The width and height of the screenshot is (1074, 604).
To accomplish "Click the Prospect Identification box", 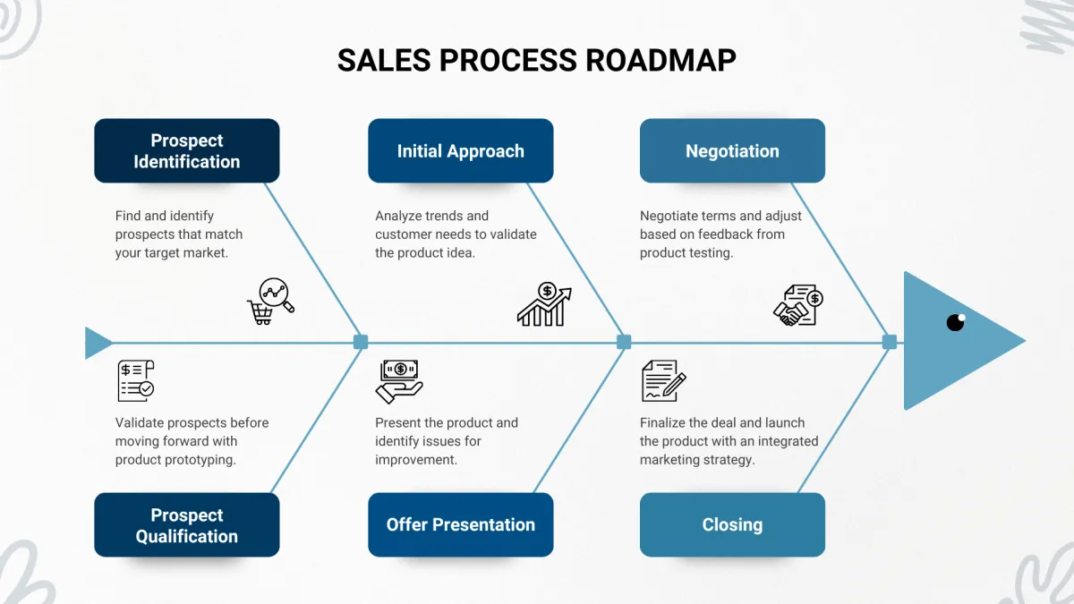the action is pos(186,150).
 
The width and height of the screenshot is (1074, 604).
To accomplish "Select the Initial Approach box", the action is pos(460,150).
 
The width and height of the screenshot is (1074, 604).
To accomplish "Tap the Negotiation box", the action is pos(732,150).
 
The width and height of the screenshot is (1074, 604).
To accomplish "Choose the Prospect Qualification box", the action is pos(186,525).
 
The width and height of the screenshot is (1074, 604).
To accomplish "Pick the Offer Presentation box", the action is pos(460,525).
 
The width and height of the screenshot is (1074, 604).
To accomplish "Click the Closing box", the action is pos(732,525).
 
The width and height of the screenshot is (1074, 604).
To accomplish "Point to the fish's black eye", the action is pos(956,322).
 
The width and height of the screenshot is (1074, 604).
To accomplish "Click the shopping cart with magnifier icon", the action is pos(271,302).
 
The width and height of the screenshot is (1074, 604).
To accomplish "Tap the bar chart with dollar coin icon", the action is pos(545,304).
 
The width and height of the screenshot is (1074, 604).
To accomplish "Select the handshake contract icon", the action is pos(798,305).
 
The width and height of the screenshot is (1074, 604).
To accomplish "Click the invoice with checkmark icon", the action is pos(136,380).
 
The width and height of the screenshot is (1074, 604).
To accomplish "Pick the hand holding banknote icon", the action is pos(399,381).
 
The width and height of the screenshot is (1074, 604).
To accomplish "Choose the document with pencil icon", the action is pos(664,380).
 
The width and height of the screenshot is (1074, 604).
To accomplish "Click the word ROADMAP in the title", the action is pos(661,61).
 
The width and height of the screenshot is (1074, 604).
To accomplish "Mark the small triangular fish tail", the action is pos(98,343).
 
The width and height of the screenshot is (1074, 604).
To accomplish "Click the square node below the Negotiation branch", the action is pos(890,342).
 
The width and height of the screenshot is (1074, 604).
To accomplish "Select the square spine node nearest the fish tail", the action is pos(361,342).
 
